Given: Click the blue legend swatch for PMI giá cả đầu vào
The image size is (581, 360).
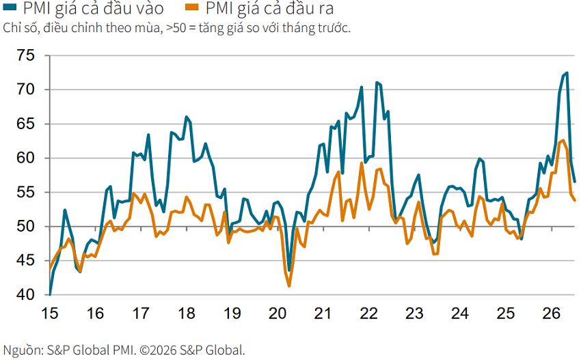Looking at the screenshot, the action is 10,7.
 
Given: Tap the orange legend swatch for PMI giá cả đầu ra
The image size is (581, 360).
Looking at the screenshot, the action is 192,7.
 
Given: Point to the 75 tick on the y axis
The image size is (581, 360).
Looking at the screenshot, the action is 25,55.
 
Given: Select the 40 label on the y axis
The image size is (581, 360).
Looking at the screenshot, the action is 25,295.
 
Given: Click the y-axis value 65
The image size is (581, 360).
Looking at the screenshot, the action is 25,124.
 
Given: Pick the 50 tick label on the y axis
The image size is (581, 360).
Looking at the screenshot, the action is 25,227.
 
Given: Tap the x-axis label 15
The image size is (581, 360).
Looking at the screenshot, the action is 50,314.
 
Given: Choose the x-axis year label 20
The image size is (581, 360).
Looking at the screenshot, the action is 278,314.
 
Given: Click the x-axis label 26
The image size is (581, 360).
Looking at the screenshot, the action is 552,314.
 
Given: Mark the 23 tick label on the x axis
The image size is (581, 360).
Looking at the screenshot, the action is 414,314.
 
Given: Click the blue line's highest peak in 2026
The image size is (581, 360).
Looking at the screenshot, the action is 567,73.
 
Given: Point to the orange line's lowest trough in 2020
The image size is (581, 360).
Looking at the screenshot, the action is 289,286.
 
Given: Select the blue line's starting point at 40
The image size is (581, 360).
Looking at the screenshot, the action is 50,295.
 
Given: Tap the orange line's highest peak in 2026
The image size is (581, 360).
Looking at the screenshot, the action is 563,140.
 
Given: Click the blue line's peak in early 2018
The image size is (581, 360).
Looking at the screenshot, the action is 187,117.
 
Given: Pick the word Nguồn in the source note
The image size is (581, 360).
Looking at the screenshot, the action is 22,350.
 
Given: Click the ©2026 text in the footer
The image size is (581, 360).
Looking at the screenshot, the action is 159,350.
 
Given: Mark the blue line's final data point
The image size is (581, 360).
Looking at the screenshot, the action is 575,182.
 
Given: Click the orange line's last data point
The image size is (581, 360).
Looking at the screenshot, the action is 575,200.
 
